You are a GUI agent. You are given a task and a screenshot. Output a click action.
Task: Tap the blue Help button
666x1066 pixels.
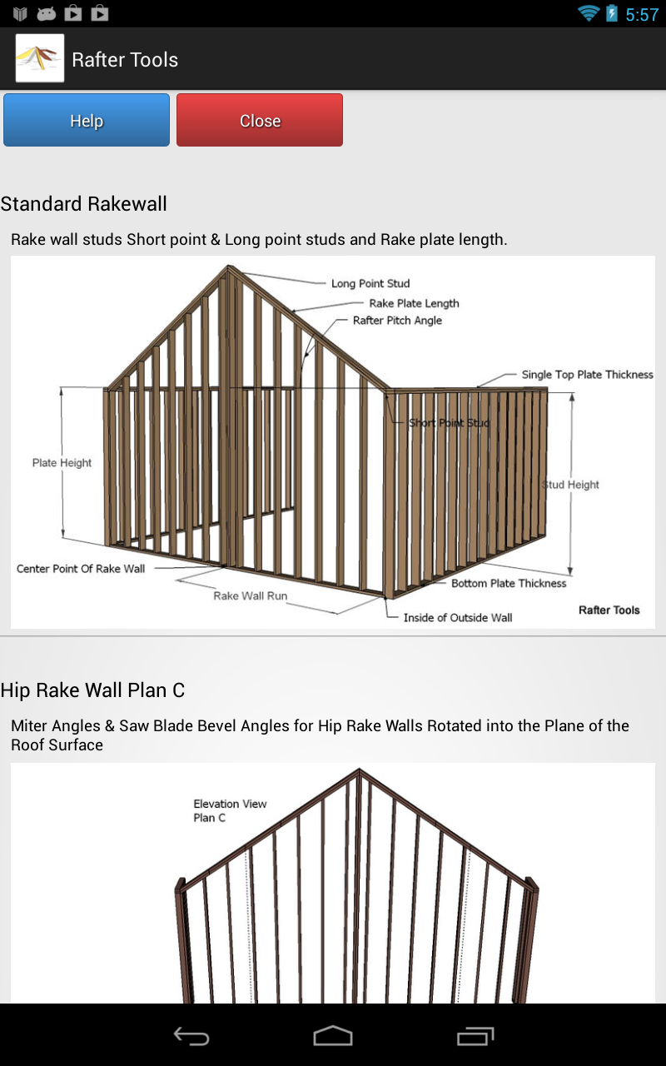click(x=87, y=121)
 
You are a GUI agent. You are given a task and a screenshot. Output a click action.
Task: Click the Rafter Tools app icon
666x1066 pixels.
click(x=40, y=58)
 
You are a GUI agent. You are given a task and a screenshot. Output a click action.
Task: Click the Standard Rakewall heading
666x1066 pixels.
click(x=84, y=204)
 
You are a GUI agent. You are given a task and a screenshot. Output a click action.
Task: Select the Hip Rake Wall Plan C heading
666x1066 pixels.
click(x=92, y=690)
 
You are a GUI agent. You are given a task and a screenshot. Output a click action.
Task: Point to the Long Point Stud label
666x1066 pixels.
click(x=370, y=284)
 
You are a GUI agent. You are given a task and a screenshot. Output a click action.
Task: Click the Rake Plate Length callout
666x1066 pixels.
click(x=414, y=303)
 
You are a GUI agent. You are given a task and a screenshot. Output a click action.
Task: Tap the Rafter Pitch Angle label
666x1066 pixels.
click(x=397, y=321)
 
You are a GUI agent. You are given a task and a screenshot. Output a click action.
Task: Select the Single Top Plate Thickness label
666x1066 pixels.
click(x=587, y=375)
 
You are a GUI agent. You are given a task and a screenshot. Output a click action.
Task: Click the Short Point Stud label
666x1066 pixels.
click(x=449, y=423)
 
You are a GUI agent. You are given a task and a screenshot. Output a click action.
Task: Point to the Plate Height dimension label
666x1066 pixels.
click(x=62, y=463)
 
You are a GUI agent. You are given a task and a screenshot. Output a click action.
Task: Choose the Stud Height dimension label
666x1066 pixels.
click(x=571, y=485)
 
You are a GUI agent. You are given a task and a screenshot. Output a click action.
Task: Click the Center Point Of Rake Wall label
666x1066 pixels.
click(x=81, y=569)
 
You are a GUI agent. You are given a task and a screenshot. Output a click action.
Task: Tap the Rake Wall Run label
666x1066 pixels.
click(x=250, y=596)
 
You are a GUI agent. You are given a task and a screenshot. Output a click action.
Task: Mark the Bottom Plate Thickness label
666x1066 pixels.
click(x=509, y=584)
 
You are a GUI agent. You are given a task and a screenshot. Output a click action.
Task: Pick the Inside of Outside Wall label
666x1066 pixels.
click(x=457, y=618)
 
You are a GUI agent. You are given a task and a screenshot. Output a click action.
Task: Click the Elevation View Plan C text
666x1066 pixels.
click(x=230, y=810)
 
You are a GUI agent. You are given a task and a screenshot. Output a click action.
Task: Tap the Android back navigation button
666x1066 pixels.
click(x=191, y=1036)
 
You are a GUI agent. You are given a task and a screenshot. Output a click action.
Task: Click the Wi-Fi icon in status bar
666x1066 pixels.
click(x=589, y=13)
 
